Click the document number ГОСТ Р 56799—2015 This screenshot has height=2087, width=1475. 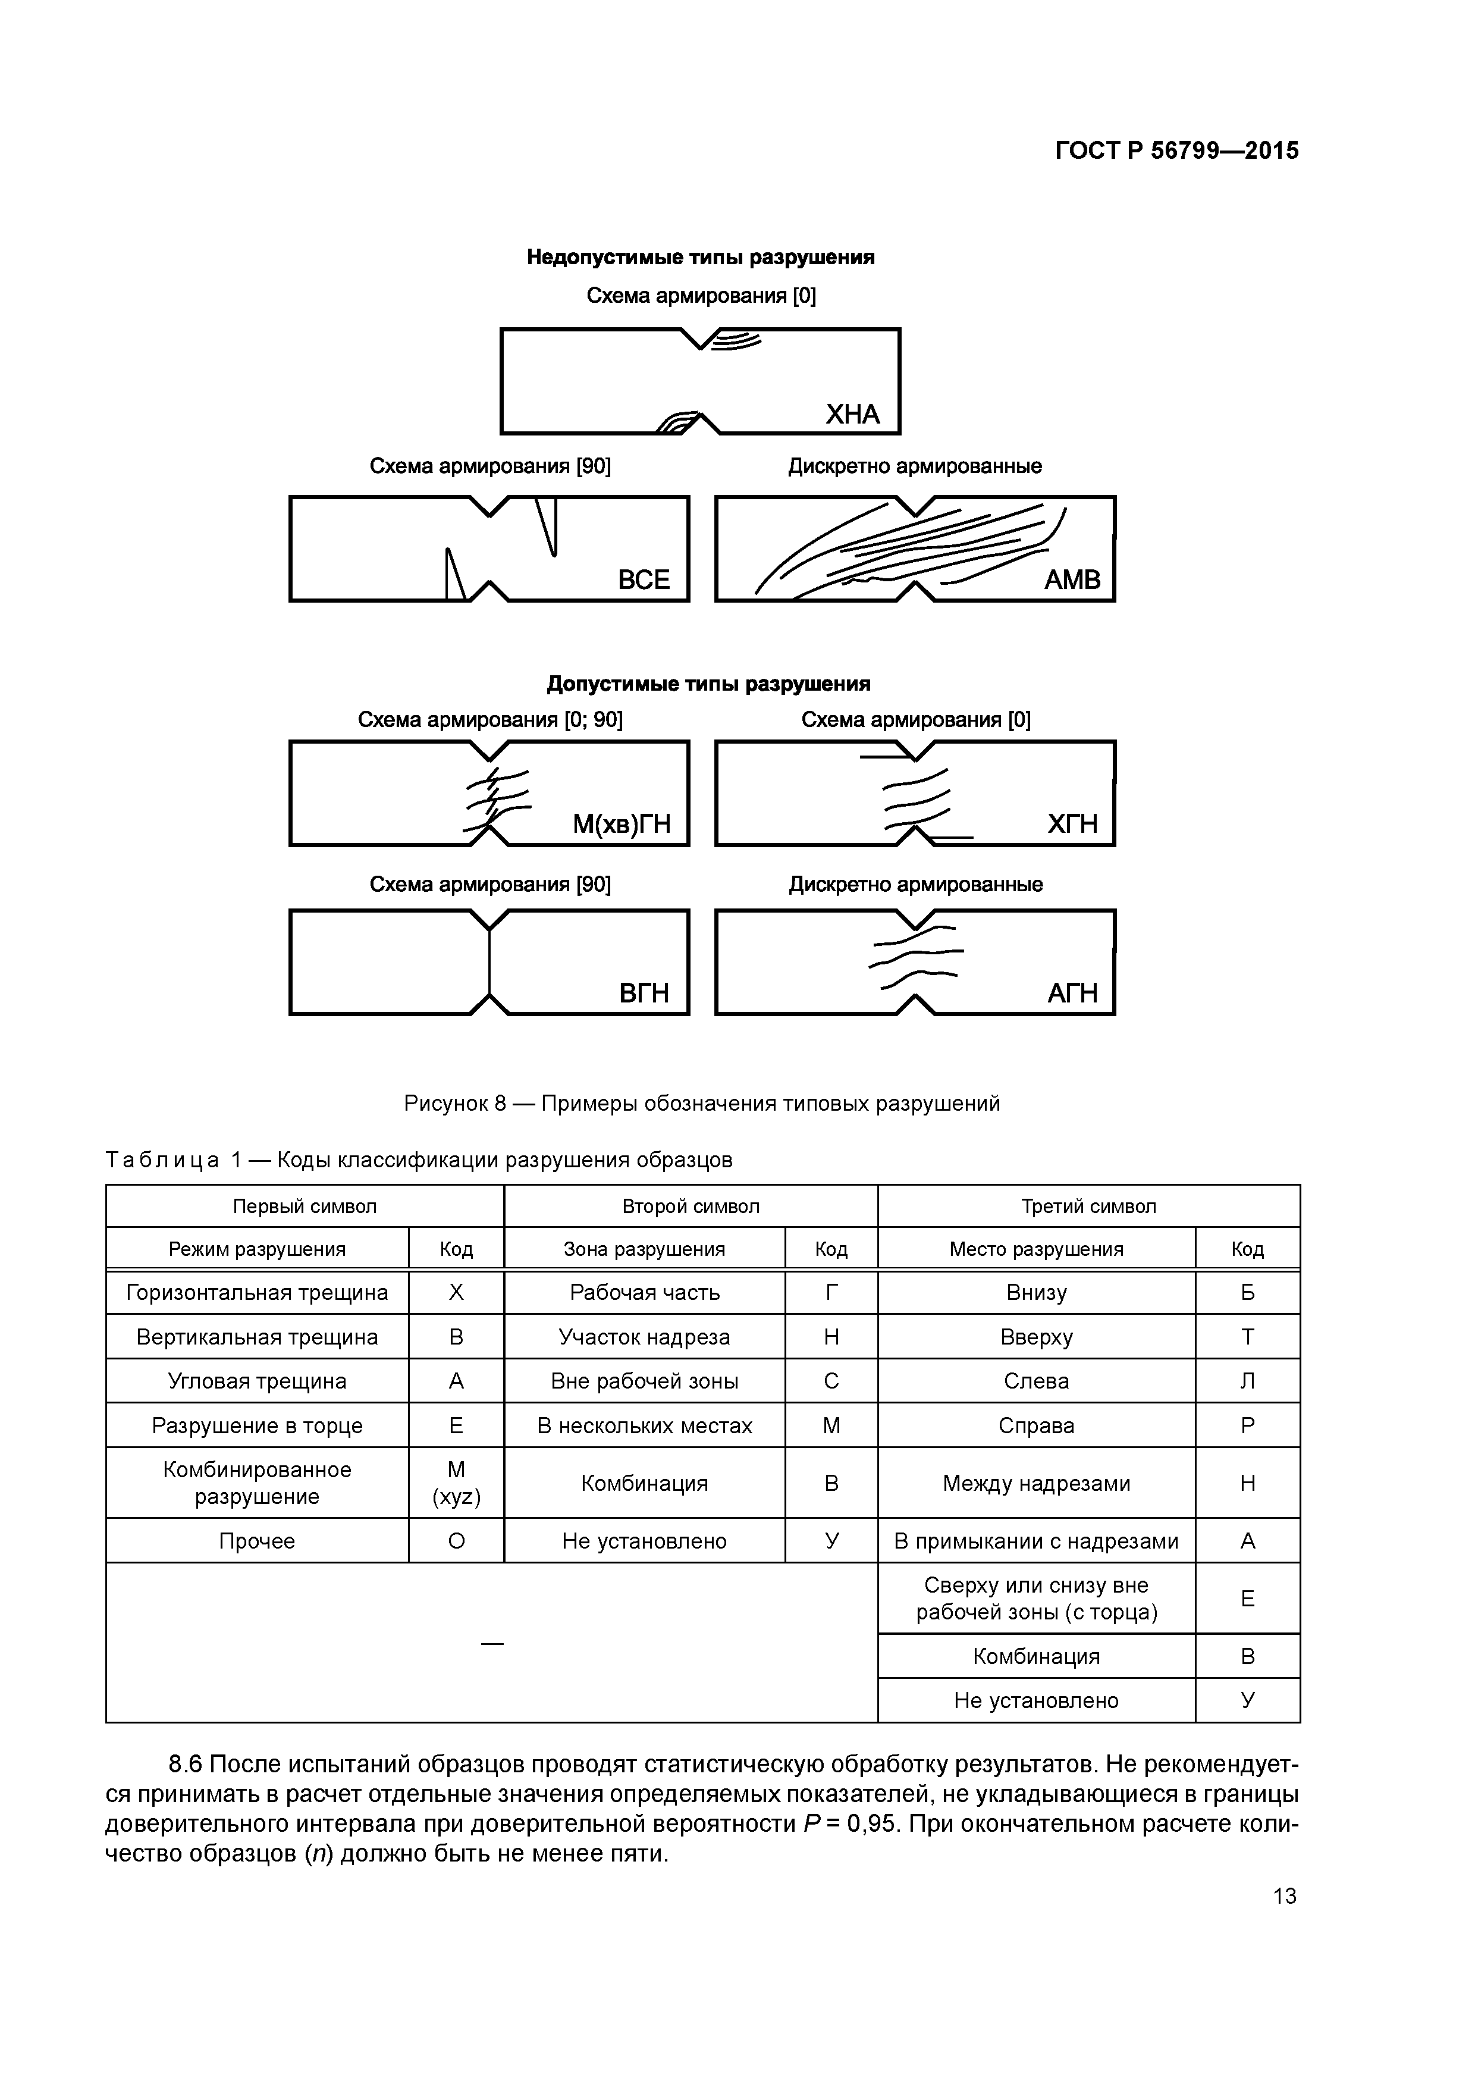coord(1177,151)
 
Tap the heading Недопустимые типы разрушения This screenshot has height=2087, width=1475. coord(700,257)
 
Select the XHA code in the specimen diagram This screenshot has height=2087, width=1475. coord(852,415)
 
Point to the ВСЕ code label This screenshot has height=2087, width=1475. coord(644,580)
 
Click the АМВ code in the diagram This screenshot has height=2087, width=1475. coord(1072,580)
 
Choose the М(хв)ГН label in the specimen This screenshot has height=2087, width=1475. coord(621,825)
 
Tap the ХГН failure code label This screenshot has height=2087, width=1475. coord(1072,825)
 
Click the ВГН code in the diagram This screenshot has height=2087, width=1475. coord(644,994)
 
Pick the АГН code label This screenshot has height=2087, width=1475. coord(1072,994)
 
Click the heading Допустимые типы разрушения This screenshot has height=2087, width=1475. coord(708,684)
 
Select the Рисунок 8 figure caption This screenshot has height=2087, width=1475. coord(702,1104)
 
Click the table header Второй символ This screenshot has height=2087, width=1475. coord(691,1206)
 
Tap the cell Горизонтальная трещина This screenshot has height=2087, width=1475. coord(257,1293)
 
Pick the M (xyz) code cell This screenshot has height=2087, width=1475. coord(456,1483)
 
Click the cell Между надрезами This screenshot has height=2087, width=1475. coord(1036,1483)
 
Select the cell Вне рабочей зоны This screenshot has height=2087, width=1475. coord(644,1381)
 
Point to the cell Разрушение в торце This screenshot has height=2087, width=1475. coord(257,1426)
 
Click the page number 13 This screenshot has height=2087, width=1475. coord(1284,1896)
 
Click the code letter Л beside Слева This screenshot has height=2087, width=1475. coord(1247,1381)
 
